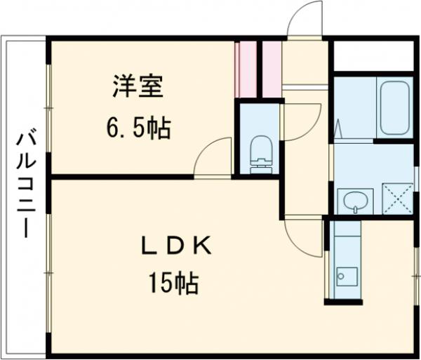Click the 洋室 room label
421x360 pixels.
[138, 87]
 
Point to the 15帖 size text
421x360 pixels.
[173, 284]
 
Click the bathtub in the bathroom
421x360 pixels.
[394, 108]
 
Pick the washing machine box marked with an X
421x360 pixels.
[396, 197]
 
